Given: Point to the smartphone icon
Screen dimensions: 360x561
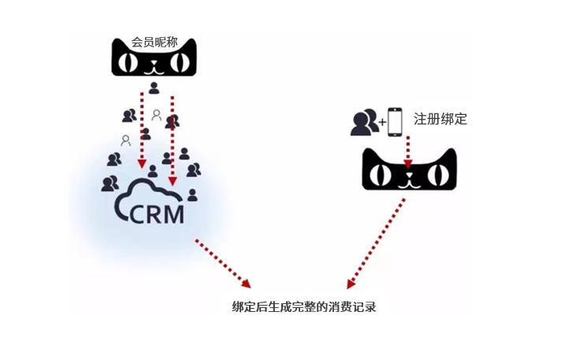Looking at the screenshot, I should point(396,121).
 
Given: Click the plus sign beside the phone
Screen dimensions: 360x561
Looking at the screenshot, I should point(381,123).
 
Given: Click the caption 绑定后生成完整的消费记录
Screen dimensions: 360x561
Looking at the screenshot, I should point(298,307).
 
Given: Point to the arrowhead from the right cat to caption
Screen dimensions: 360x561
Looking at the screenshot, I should point(351,283).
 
